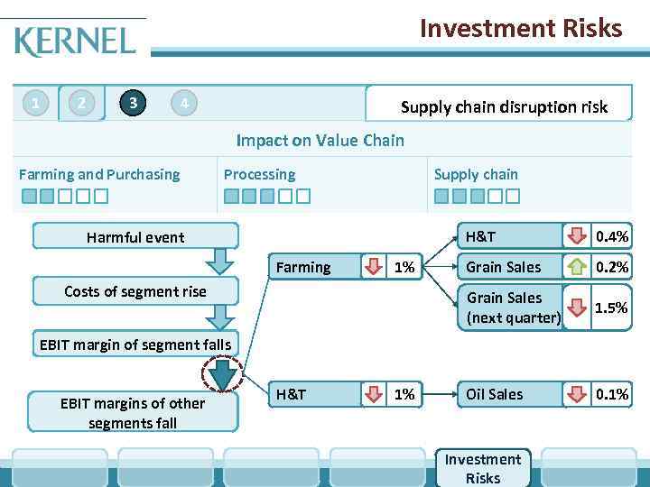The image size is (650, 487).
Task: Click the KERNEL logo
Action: coord(75,41)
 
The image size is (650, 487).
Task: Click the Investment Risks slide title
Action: coord(521,29)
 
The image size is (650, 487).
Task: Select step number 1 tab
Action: coord(35,104)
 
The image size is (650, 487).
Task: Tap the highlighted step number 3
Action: coord(134,103)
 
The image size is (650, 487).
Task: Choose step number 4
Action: coord(184,104)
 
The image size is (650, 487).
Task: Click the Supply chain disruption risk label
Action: coord(504,107)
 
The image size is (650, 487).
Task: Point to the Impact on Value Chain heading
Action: coord(320,140)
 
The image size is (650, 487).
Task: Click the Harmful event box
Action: coord(135,237)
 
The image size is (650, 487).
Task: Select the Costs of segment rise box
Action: coord(135,291)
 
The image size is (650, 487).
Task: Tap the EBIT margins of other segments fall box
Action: coord(133,413)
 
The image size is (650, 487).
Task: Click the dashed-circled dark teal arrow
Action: coord(222,376)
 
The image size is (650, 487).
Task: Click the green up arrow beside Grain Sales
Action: coord(577,267)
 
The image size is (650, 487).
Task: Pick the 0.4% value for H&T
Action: coord(611,237)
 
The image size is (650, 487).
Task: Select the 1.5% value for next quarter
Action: coord(611,308)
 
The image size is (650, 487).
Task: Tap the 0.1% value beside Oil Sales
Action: coord(611,394)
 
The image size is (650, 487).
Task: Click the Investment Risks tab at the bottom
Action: coord(482,469)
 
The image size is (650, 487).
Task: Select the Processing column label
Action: coord(259,174)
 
